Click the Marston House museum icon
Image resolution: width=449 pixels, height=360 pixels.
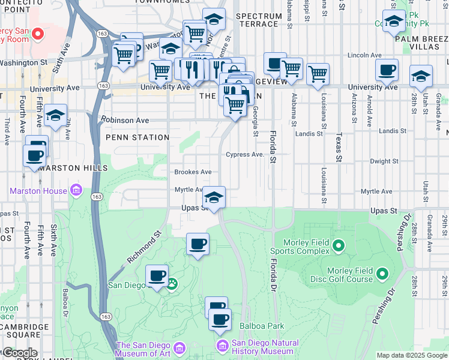[x=76, y=191]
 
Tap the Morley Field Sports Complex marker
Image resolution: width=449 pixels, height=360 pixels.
[x=339, y=245]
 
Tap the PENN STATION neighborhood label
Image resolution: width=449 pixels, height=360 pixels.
[x=137, y=137]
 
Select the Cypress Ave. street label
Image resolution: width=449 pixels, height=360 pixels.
[x=245, y=154]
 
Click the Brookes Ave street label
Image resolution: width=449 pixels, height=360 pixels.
[x=193, y=172]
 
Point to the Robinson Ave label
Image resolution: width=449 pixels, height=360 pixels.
[x=125, y=120]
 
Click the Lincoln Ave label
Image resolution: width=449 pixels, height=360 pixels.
[x=369, y=55]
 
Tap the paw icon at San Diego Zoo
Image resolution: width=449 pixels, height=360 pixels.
[x=172, y=283]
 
